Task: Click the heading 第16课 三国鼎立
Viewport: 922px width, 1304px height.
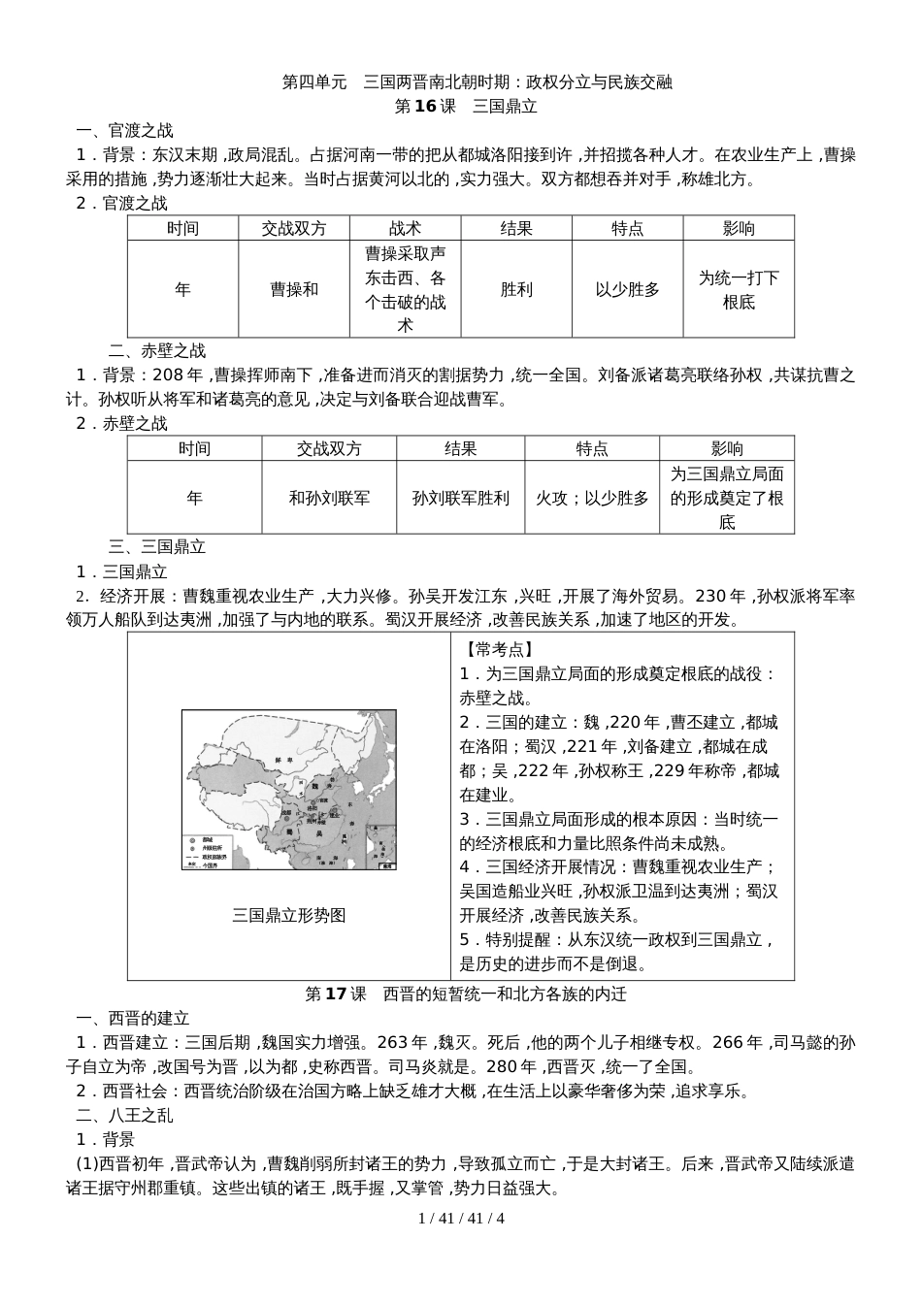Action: [466, 107]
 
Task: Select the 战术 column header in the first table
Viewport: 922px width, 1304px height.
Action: [405, 229]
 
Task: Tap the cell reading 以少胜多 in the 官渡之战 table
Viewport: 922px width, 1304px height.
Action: [627, 290]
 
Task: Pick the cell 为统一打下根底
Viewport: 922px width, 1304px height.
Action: [739, 290]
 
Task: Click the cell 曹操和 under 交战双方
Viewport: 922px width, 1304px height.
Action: [294, 290]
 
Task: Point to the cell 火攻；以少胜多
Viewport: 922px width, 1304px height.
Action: [592, 499]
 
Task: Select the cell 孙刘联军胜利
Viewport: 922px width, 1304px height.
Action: [460, 499]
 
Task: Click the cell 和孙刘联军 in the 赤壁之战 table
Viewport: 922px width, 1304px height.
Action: [329, 499]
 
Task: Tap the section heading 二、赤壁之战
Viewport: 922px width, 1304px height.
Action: [157, 351]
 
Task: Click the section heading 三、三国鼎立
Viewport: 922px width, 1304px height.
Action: [157, 547]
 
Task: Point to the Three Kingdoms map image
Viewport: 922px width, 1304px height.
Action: [288, 790]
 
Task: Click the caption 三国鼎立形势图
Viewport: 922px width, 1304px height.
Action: [288, 915]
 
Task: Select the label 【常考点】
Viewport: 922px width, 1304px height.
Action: [496, 650]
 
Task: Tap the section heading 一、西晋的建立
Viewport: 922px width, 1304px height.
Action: [133, 1019]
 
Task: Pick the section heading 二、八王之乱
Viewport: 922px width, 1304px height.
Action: [125, 1116]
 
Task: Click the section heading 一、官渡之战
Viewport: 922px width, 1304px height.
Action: [125, 131]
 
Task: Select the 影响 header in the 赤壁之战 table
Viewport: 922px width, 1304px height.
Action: [727, 448]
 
